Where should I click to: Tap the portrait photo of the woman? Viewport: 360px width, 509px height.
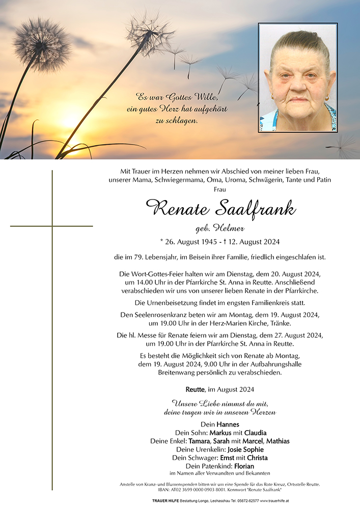tap(298, 77)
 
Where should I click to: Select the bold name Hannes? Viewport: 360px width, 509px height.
tap(228, 425)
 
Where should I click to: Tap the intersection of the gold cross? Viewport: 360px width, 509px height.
tap(52, 225)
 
